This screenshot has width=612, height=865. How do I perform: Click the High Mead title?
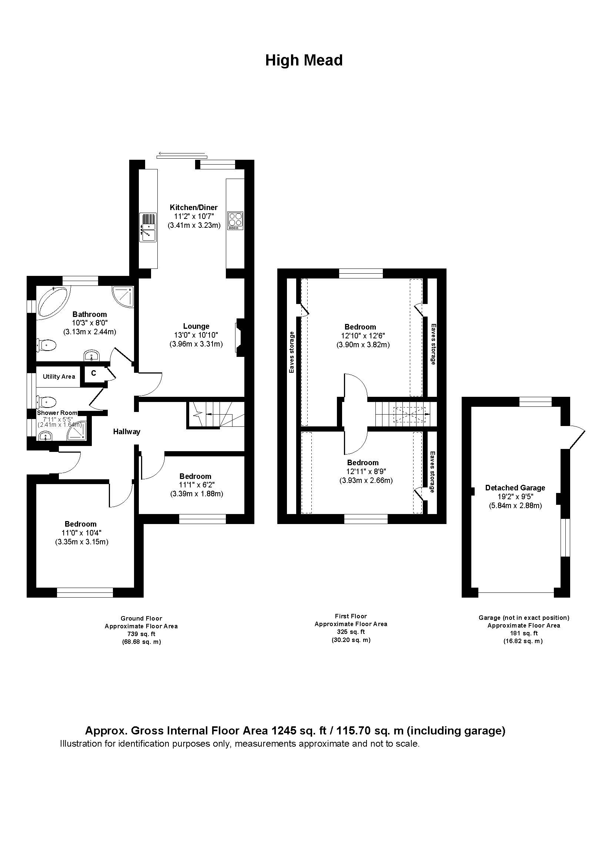tap(304, 60)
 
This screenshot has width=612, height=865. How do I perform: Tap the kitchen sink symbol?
tap(148, 227)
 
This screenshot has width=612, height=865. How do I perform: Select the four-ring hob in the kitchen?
tap(235, 221)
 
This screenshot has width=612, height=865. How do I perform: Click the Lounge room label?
tap(196, 326)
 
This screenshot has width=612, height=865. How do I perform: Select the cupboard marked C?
tap(94, 374)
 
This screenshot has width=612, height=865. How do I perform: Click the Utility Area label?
tap(59, 376)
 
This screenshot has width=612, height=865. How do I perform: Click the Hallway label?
tap(127, 432)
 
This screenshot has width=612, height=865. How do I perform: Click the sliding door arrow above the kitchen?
tap(182, 154)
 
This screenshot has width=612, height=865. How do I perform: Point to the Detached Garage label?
tap(515, 488)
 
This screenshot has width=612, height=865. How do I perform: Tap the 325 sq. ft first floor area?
tap(351, 632)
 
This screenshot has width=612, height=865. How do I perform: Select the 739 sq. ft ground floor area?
tap(141, 634)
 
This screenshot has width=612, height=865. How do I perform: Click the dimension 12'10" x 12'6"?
tap(360, 336)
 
